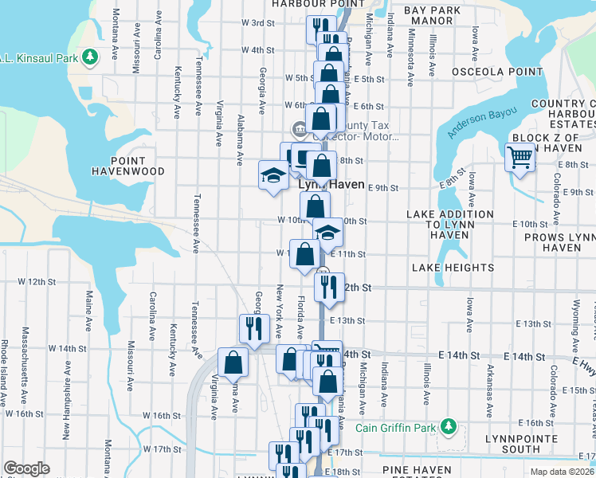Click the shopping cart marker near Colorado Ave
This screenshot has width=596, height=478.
pos(520,157)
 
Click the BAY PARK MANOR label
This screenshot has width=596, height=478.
pos(433,15)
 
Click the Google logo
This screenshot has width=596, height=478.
pos(26,468)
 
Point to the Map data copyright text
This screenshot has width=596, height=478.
pos(561,472)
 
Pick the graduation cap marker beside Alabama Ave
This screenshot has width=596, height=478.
pos(273,174)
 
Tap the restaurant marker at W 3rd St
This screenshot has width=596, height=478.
pos(320,28)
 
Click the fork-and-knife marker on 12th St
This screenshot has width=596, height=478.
pos(327,285)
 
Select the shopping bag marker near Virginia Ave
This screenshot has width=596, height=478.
pos(232,362)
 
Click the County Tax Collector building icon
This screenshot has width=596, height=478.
pos(300,128)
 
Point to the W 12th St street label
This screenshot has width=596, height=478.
pos(33,282)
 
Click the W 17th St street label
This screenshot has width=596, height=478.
pos(163,449)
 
